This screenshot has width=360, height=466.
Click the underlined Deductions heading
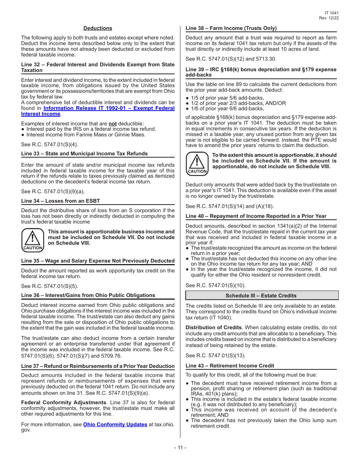98,28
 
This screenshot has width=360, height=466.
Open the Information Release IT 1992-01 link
109,108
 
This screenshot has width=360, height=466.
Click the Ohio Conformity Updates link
115,425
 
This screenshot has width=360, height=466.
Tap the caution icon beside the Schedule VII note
33,240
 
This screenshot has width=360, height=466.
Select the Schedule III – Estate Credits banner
261,296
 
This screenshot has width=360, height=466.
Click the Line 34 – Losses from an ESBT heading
61,201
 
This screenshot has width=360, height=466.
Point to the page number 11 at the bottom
180,448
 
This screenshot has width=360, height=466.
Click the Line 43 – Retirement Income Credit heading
230,366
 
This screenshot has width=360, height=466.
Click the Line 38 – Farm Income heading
231,28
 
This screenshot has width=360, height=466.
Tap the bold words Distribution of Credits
213,327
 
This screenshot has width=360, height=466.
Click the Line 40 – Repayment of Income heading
256,216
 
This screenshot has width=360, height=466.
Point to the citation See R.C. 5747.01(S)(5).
50,286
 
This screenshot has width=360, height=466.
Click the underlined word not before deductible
113,124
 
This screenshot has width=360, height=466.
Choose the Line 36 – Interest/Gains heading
88,295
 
